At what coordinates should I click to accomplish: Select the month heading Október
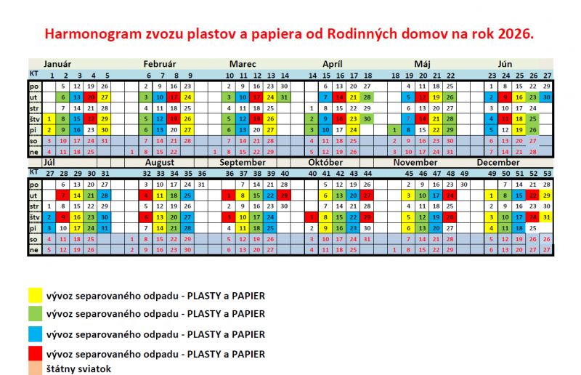pos(325,162)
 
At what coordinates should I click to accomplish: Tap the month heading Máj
pos(422,63)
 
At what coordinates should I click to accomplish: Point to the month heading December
pos(498,162)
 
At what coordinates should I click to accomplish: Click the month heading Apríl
pos(333,63)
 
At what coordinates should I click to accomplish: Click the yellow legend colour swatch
pos(33,295)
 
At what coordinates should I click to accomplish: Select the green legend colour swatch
pos(33,315)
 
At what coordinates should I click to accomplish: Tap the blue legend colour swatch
pos(33,334)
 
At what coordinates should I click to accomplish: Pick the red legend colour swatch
pos(33,354)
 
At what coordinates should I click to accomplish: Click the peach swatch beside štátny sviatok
pos(33,368)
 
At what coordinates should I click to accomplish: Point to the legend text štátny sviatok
pos(78,368)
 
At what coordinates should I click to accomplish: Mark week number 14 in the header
pos(312,75)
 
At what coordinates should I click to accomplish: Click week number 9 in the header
pos(190,75)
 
